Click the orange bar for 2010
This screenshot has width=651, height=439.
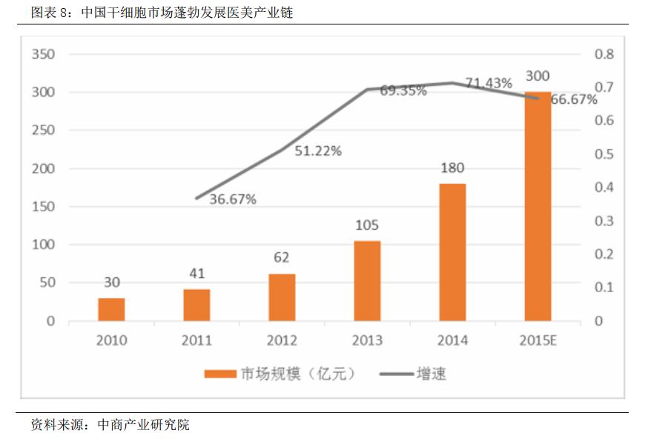tap(112, 309)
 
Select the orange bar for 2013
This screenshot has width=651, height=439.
tap(367, 280)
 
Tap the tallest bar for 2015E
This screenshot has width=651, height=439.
tap(538, 206)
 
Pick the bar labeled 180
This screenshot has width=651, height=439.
tap(452, 252)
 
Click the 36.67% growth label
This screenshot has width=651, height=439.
tap(232, 199)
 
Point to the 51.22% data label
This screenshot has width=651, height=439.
tap(318, 151)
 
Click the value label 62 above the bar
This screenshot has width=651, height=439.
tap(281, 257)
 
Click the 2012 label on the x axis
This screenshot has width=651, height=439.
tap(281, 340)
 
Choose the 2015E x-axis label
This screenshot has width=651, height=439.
tap(537, 340)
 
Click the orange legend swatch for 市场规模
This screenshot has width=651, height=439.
tap(219, 374)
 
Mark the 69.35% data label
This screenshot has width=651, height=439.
tap(403, 91)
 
